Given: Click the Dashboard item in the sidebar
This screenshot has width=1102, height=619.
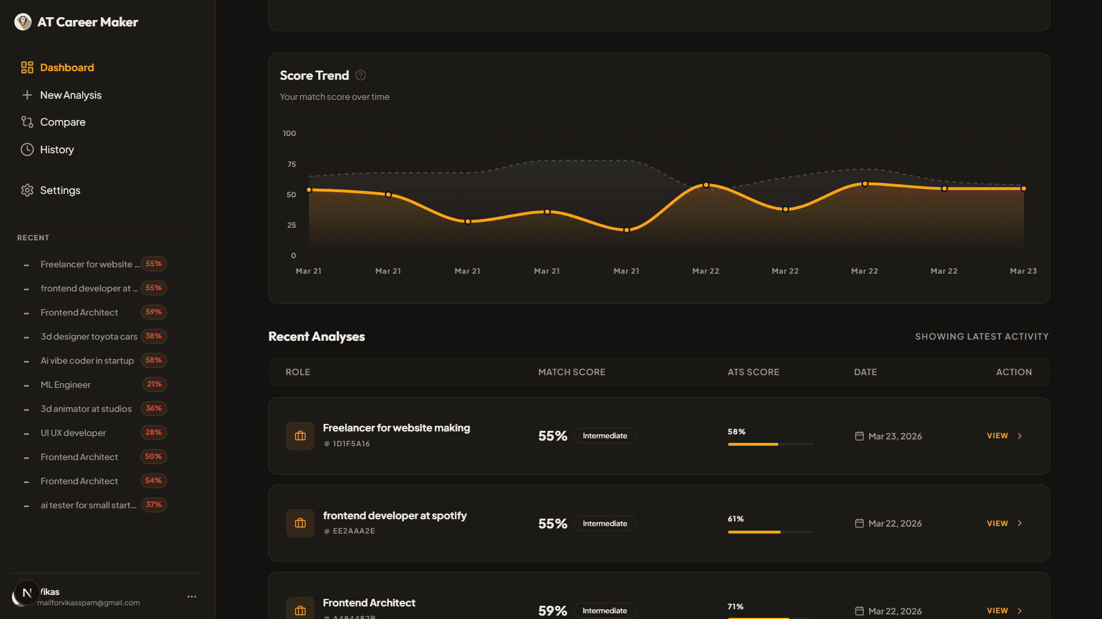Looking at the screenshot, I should tap(67, 68).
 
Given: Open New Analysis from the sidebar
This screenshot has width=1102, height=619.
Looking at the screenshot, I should tap(70, 95).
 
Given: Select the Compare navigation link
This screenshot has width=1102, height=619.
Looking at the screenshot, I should tap(63, 122).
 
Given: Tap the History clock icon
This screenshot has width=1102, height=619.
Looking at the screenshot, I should tap(27, 150).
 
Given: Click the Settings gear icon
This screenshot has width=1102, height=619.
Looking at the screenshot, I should tap(27, 190).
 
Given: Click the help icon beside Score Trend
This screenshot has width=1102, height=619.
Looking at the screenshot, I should tap(361, 75).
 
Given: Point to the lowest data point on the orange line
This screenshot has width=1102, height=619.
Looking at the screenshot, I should tap(627, 230).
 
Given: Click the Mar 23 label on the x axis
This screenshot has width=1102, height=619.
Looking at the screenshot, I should tap(1023, 271).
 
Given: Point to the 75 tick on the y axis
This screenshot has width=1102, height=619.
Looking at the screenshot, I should tap(292, 165).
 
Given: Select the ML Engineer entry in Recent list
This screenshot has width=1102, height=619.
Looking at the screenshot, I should tap(65, 385).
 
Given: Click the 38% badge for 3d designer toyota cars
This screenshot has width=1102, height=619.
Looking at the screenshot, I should tap(153, 336).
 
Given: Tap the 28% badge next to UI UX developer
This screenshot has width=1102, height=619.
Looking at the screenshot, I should tap(153, 433).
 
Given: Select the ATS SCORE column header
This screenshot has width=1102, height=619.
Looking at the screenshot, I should tap(753, 372).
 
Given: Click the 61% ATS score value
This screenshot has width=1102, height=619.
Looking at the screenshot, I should tap(736, 519).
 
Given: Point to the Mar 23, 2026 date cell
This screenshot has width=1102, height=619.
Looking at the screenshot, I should tap(894, 437).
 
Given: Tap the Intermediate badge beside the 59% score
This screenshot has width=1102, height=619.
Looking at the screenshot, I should tap(604, 610).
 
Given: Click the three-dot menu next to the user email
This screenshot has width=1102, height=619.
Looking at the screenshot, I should tap(192, 597).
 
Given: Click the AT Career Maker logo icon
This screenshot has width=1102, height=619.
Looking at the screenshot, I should tap(23, 22).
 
